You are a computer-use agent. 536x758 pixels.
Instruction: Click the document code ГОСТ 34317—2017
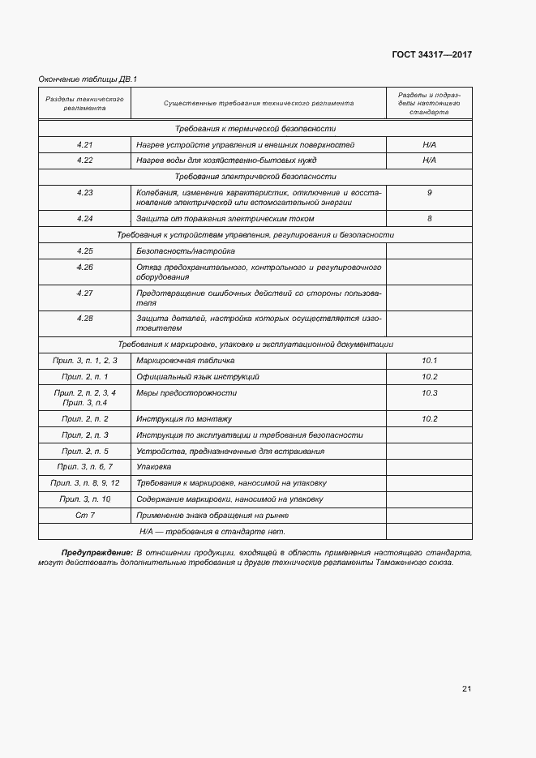pos(431,55)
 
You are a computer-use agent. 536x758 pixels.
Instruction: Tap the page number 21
pos(466,688)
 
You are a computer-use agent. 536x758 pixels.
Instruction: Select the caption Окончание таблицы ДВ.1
pos(88,79)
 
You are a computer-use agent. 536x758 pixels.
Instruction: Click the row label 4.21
pos(85,144)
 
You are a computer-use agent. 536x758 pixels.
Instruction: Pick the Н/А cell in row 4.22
pos(429,160)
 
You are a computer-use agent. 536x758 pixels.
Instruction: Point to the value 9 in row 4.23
pos(429,193)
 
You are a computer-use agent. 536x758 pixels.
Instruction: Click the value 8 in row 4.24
pos(429,219)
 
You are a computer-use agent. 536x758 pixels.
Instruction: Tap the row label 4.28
pos(85,319)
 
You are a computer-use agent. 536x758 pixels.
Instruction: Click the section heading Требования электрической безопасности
pos(255,176)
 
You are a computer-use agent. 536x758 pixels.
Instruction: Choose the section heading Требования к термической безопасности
pos(255,129)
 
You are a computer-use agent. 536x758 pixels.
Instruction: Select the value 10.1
pos(429,360)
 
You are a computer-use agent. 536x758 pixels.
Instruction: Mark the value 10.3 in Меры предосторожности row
pos(429,393)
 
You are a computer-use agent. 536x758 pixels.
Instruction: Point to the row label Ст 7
pos(85,516)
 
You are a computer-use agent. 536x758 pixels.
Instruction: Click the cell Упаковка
pos(154,467)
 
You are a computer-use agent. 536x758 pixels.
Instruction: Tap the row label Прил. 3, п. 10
pos(85,499)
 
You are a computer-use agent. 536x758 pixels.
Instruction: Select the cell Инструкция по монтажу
pos(185,419)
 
